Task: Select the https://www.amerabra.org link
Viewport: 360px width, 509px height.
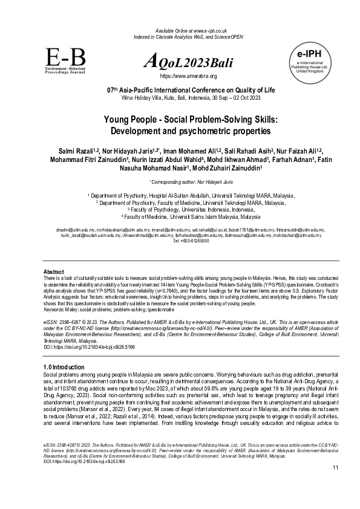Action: tap(188, 76)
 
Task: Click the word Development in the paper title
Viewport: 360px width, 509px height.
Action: tap(137, 131)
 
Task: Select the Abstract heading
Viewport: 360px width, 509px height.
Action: tap(54, 271)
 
